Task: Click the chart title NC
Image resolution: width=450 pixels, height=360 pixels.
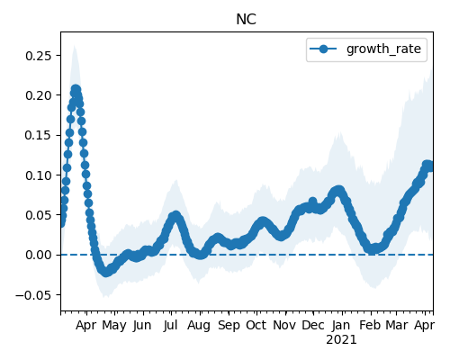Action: click(246, 20)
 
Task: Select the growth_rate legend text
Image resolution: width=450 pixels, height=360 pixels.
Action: click(383, 49)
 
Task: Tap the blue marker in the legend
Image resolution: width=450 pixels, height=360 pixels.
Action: click(323, 49)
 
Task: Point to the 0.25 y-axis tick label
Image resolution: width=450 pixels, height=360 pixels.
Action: click(39, 56)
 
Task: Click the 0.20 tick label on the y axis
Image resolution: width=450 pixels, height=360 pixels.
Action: click(39, 95)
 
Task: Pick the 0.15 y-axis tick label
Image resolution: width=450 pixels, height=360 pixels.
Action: click(39, 135)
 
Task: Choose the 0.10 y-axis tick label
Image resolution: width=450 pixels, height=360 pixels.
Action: click(39, 175)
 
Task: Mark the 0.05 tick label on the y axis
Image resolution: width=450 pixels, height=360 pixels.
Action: click(39, 215)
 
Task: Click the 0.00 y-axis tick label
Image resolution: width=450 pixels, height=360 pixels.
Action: click(39, 255)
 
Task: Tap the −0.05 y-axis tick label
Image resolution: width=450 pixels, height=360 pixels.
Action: click(33, 295)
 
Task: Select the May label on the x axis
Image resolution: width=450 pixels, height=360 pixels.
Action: click(114, 326)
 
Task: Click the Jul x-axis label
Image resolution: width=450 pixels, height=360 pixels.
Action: click(171, 325)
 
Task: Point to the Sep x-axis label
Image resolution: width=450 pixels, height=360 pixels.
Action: click(229, 326)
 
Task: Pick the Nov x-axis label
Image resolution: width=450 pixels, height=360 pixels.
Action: click(284, 325)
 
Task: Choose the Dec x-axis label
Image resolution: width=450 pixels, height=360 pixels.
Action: click(313, 325)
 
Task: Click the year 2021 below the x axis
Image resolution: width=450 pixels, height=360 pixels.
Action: click(341, 340)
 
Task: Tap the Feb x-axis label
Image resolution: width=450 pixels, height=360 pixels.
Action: click(370, 325)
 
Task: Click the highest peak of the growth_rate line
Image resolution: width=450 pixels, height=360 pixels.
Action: click(76, 89)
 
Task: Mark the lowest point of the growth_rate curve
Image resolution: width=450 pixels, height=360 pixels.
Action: click(105, 273)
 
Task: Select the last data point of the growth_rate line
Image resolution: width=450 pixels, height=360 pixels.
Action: click(429, 166)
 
